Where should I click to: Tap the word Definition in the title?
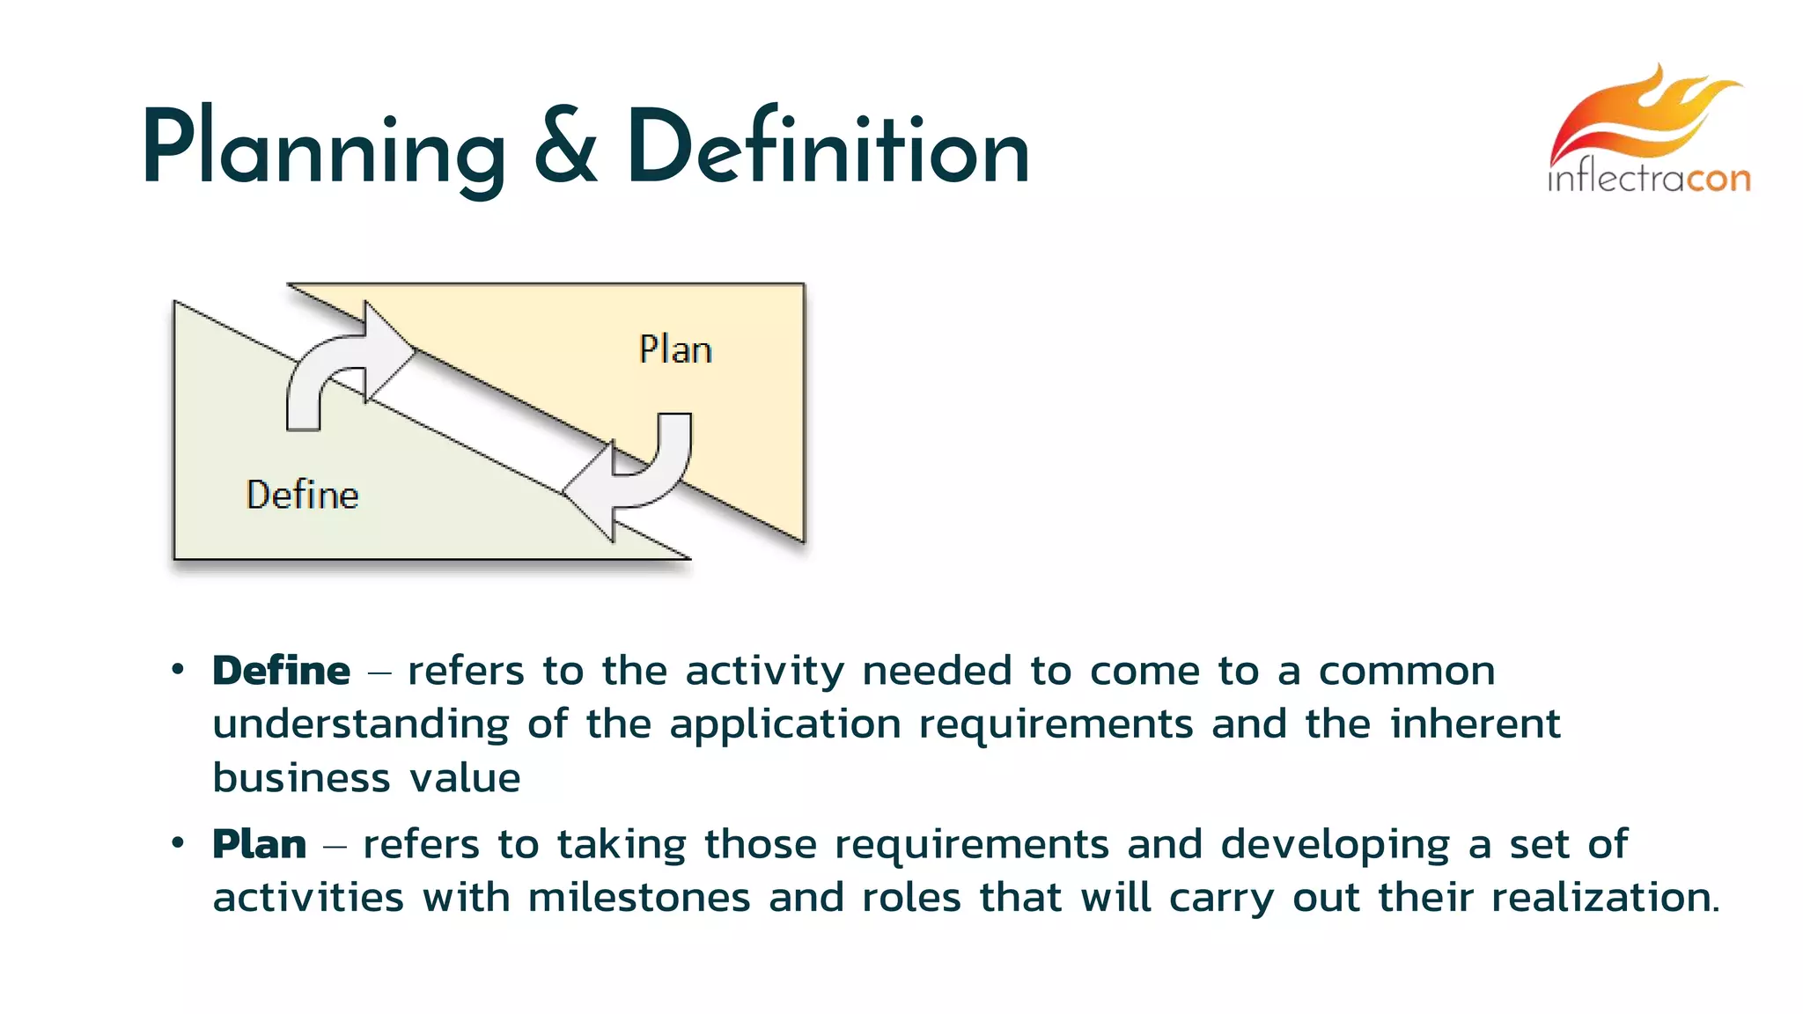click(x=828, y=148)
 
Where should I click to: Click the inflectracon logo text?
click(x=1649, y=179)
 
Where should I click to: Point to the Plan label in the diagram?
click(x=675, y=349)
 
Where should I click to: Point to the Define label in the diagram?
click(x=302, y=495)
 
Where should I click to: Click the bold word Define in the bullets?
click(x=282, y=671)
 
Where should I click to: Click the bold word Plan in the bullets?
click(x=260, y=844)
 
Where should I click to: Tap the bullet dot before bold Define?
click(x=178, y=670)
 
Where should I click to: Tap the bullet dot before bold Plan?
click(x=178, y=843)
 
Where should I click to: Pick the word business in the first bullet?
click(x=301, y=778)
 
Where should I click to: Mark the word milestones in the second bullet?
click(x=639, y=898)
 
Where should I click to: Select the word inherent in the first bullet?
click(x=1475, y=724)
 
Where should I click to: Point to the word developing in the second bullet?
click(x=1335, y=845)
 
